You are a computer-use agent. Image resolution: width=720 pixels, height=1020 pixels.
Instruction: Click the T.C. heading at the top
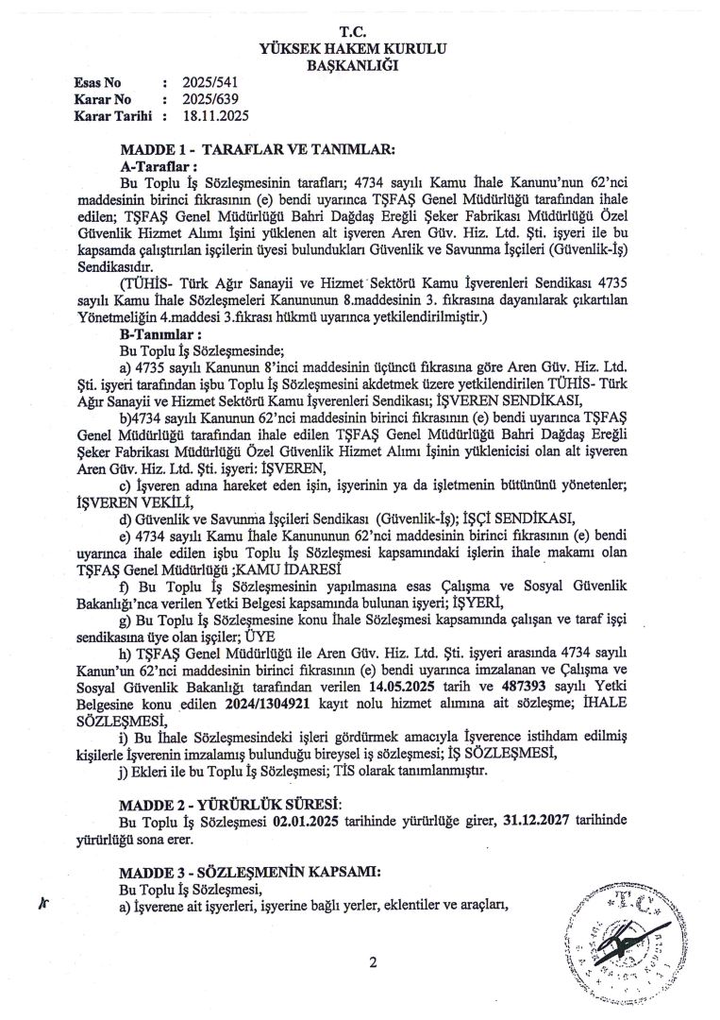[x=359, y=31]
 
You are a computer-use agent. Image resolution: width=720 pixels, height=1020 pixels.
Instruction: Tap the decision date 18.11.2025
[x=218, y=115]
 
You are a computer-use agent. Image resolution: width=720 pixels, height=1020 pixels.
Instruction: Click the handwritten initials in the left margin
[x=42, y=903]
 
